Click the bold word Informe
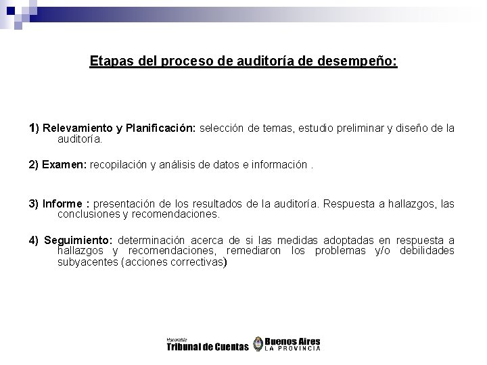64,203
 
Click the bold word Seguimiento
80,241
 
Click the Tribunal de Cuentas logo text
207,347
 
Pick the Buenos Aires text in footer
292,341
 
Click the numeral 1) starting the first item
34,129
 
